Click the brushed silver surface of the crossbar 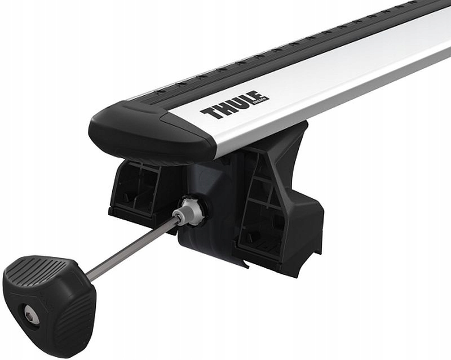click(x=338, y=85)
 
